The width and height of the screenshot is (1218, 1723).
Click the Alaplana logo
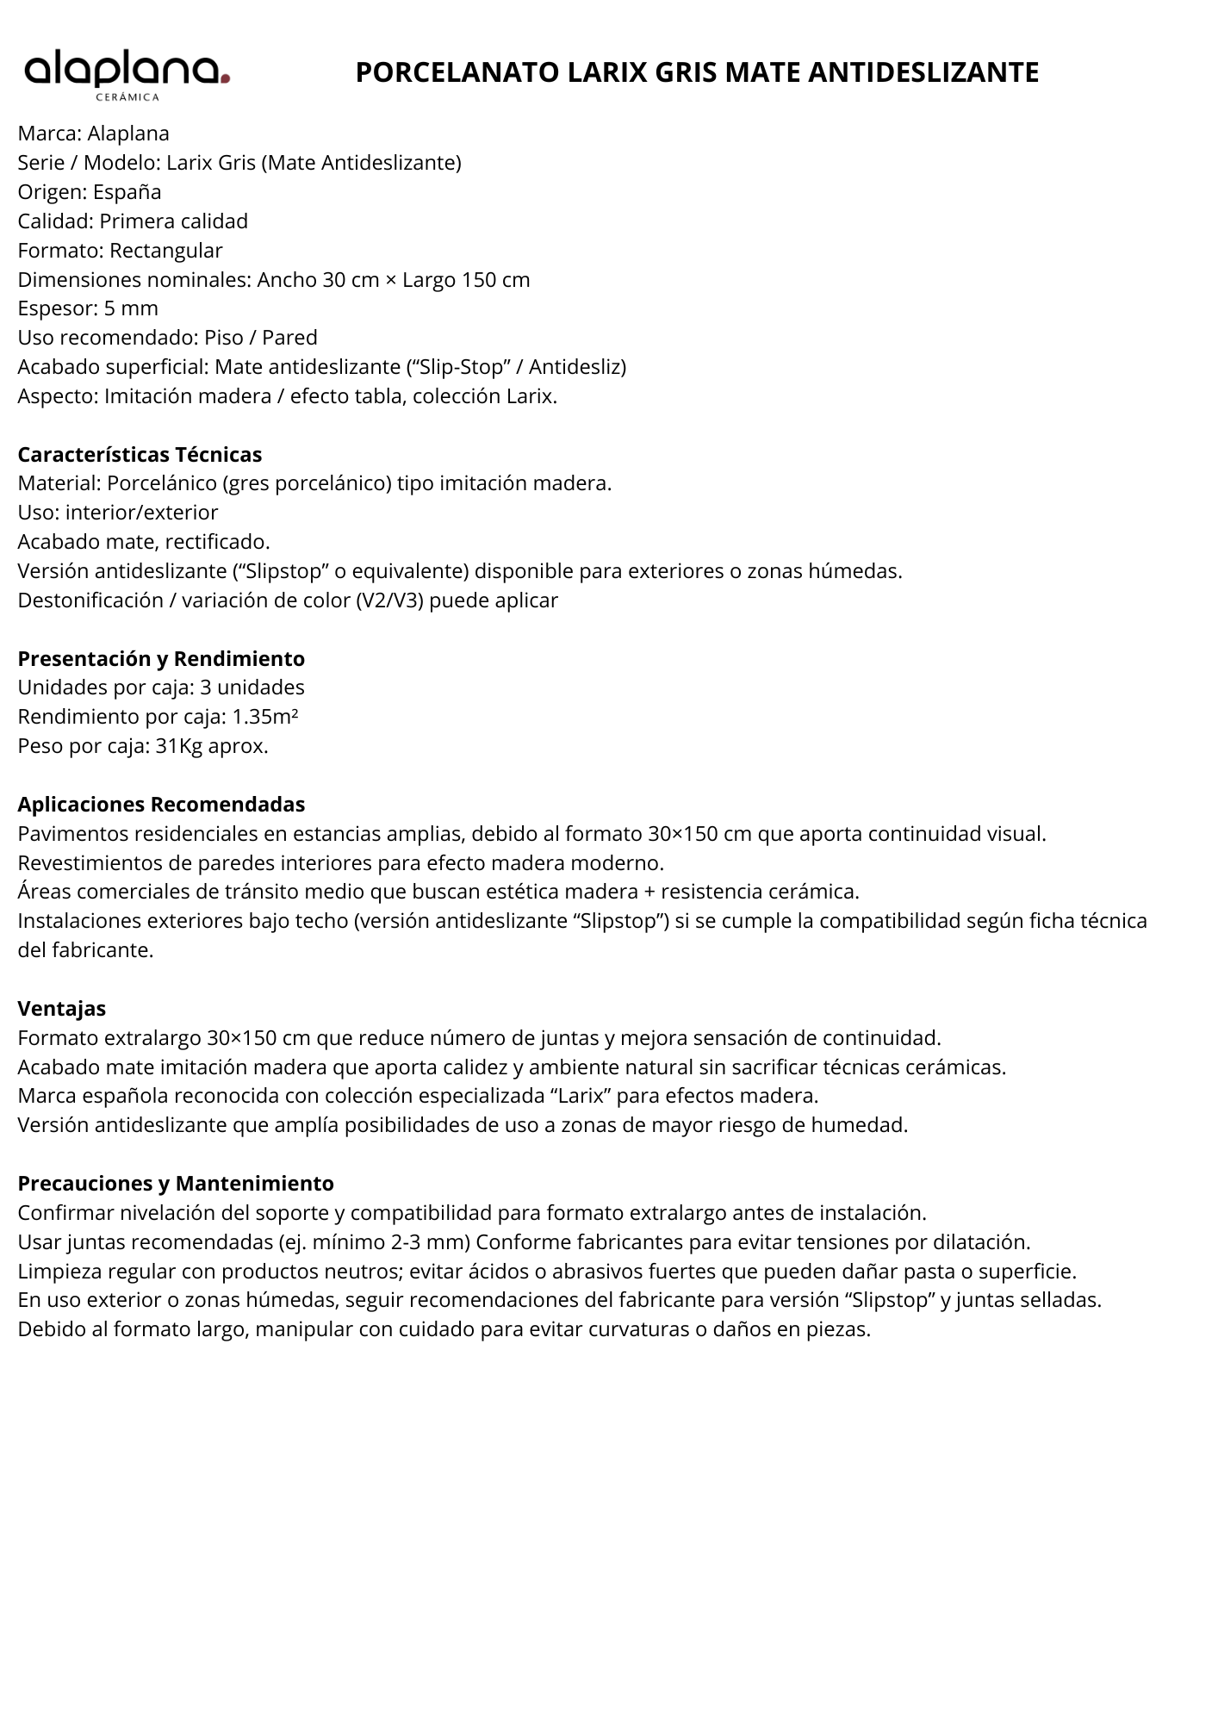click(127, 72)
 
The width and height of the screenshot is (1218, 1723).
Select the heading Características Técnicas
click(140, 454)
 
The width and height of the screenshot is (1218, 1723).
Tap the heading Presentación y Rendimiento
click(161, 658)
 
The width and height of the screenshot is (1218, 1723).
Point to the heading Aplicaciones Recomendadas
click(161, 804)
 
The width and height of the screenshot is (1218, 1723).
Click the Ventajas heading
click(62, 1008)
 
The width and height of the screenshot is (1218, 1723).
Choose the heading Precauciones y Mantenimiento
click(176, 1183)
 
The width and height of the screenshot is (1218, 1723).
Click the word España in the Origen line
click(127, 192)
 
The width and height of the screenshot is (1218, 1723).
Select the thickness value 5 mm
click(131, 308)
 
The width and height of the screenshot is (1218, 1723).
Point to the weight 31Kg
click(179, 746)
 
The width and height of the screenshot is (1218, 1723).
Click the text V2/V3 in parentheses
click(389, 600)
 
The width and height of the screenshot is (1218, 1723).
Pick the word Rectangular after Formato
click(166, 251)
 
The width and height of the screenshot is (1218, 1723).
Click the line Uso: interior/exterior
click(118, 513)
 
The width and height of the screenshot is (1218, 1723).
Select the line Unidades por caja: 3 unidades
click(161, 687)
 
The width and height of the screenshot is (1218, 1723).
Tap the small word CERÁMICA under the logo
click(127, 97)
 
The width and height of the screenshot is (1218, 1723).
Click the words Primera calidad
click(173, 221)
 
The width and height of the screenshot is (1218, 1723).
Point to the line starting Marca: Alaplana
click(94, 134)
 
